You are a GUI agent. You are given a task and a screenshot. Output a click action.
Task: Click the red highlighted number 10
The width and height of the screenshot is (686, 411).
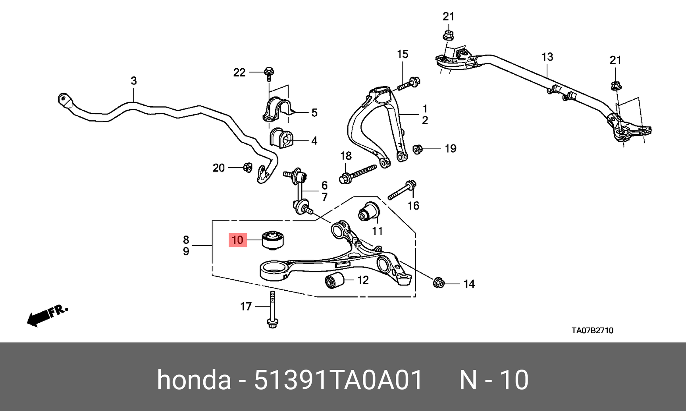click(x=237, y=240)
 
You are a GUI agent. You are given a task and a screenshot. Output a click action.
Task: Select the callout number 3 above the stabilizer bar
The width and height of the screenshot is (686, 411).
click(x=134, y=81)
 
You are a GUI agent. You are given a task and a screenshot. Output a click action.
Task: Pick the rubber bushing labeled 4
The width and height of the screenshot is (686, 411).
click(x=281, y=139)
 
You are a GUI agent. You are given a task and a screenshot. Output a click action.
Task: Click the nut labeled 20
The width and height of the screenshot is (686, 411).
click(x=247, y=167)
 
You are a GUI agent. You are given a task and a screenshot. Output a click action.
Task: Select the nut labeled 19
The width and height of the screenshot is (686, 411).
click(x=418, y=149)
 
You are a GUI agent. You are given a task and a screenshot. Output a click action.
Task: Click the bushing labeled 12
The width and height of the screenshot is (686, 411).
click(x=334, y=281)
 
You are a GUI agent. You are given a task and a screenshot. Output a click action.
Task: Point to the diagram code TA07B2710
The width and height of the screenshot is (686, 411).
click(x=592, y=330)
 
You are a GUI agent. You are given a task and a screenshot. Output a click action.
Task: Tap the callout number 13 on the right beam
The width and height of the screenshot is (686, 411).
click(x=547, y=57)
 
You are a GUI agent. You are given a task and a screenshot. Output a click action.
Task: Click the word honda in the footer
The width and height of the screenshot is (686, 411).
click(x=194, y=380)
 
